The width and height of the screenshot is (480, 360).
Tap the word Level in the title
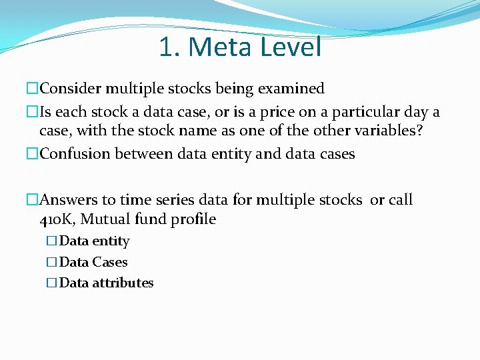[x=291, y=47]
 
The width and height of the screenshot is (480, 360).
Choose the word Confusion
[x=75, y=154]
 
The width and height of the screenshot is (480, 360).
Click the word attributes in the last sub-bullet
[x=123, y=283]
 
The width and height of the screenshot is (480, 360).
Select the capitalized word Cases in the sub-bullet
[x=110, y=262]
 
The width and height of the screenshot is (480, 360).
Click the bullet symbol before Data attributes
[x=53, y=283]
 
